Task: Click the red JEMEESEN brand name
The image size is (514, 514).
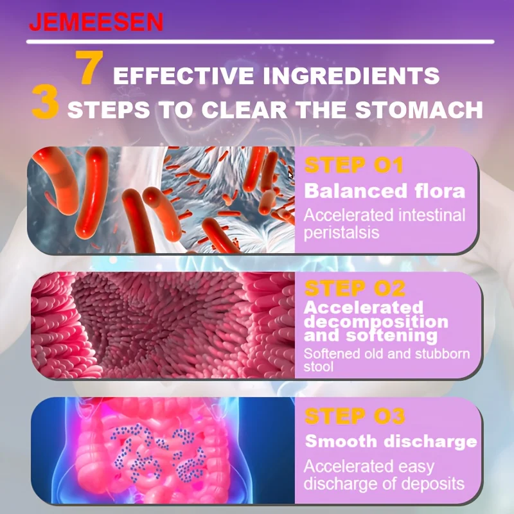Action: pyautogui.click(x=96, y=22)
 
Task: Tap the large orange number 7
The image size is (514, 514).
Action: pyautogui.click(x=89, y=67)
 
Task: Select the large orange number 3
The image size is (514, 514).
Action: pyautogui.click(x=45, y=102)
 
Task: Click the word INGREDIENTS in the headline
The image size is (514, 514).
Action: pyautogui.click(x=351, y=75)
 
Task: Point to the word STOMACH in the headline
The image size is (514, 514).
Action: pyautogui.click(x=419, y=109)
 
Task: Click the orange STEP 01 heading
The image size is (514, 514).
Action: pyautogui.click(x=353, y=165)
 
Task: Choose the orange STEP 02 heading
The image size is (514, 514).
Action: pyautogui.click(x=355, y=288)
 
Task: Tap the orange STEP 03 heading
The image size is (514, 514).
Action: pyautogui.click(x=355, y=416)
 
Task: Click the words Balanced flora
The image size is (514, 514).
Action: pyautogui.click(x=384, y=191)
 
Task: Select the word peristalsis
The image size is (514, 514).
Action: pyautogui.click(x=341, y=233)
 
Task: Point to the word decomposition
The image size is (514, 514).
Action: pyautogui.click(x=376, y=322)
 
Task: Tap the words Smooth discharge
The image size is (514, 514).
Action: pyautogui.click(x=391, y=441)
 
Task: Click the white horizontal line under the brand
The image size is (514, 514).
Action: pyautogui.click(x=260, y=42)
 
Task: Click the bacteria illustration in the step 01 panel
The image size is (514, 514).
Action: pyautogui.click(x=161, y=200)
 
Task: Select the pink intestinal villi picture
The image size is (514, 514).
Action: pyautogui.click(x=163, y=325)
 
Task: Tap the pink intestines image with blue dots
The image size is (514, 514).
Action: pyautogui.click(x=163, y=450)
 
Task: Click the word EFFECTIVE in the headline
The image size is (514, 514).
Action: pyautogui.click(x=183, y=75)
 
